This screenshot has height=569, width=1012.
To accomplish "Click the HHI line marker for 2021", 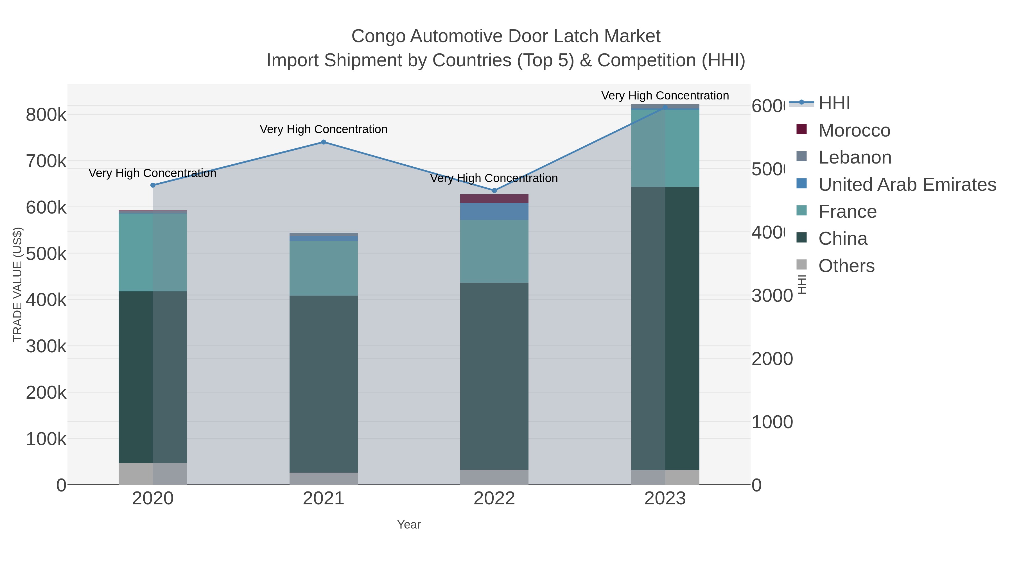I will point(323,142).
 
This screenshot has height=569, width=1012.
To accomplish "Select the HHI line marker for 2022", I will point(494,191).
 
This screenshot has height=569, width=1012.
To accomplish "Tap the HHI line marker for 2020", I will point(153,185).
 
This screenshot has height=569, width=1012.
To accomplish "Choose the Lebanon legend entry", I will point(855,157).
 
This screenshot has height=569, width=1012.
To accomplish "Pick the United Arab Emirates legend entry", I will point(907,185).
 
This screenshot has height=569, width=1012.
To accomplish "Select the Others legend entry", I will point(846,266).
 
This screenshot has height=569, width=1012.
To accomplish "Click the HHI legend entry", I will point(834,103).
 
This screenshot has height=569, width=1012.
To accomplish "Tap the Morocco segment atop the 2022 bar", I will point(494,198).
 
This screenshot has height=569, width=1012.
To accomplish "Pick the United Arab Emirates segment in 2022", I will point(494,211).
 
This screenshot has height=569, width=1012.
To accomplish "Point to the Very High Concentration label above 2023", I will point(665,96).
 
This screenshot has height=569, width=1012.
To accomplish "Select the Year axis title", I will point(408,525).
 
